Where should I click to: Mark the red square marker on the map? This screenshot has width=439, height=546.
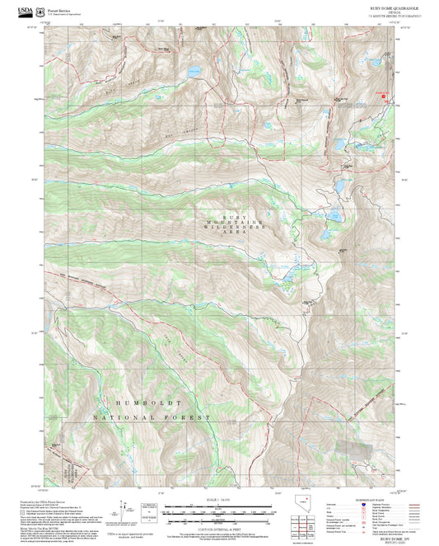coord(381,96)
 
